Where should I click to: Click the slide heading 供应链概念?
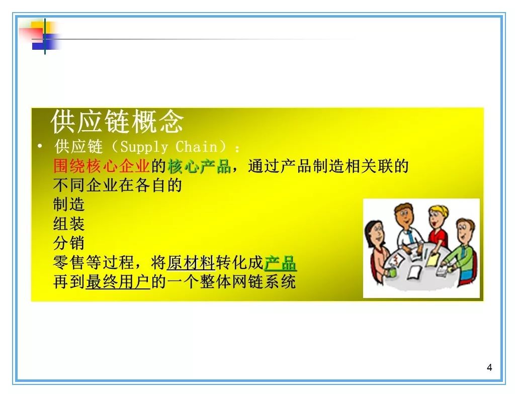click(x=117, y=122)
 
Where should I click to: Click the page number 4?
click(x=489, y=367)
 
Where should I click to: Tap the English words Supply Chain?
click(x=168, y=147)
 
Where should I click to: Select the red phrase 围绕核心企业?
click(x=102, y=166)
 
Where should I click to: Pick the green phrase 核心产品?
click(x=199, y=166)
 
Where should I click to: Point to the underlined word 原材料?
click(x=191, y=263)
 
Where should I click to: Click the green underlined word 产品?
click(x=280, y=263)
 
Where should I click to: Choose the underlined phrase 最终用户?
click(x=118, y=282)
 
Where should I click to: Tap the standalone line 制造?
click(x=69, y=205)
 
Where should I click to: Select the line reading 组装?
click(x=69, y=224)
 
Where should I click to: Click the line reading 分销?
click(x=69, y=243)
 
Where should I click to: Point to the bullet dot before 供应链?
click(x=40, y=146)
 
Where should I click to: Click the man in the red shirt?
click(x=438, y=227)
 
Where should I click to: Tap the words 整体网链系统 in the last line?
click(x=247, y=282)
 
